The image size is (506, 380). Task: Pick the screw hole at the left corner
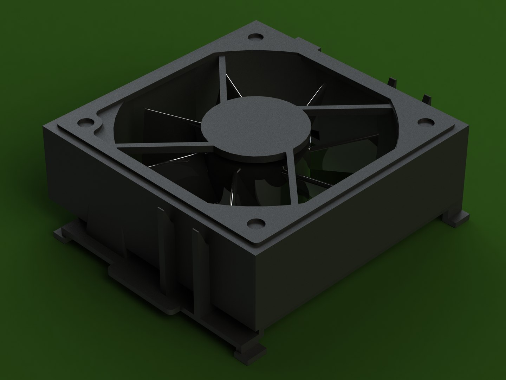click(85, 122)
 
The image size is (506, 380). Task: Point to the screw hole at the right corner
click(426, 121)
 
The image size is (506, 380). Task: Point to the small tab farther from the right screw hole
click(391, 82)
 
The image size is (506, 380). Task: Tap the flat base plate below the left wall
click(141, 278)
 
